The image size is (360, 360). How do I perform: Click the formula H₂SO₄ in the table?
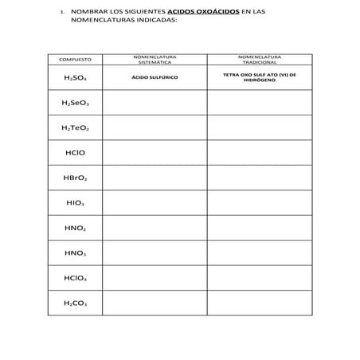(x=75, y=78)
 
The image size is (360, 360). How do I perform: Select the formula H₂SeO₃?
(x=75, y=103)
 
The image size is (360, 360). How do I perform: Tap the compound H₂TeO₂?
(x=75, y=127)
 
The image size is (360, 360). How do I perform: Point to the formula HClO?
(x=75, y=153)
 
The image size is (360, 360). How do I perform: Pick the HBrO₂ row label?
(x=75, y=178)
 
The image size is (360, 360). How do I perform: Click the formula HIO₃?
(x=75, y=203)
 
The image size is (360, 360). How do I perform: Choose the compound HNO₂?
(x=75, y=228)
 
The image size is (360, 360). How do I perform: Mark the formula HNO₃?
(x=75, y=253)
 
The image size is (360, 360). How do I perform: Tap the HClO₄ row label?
(x=75, y=278)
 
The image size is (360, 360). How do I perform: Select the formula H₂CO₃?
(x=75, y=303)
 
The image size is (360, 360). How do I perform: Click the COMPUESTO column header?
(x=76, y=60)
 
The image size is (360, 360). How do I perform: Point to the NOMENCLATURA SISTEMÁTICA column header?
(x=155, y=59)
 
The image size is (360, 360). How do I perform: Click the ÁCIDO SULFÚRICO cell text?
(x=155, y=78)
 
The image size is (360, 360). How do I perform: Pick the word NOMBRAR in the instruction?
(x=88, y=13)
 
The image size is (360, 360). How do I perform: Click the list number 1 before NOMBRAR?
(x=61, y=13)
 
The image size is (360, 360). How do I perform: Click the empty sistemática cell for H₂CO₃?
(x=155, y=303)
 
